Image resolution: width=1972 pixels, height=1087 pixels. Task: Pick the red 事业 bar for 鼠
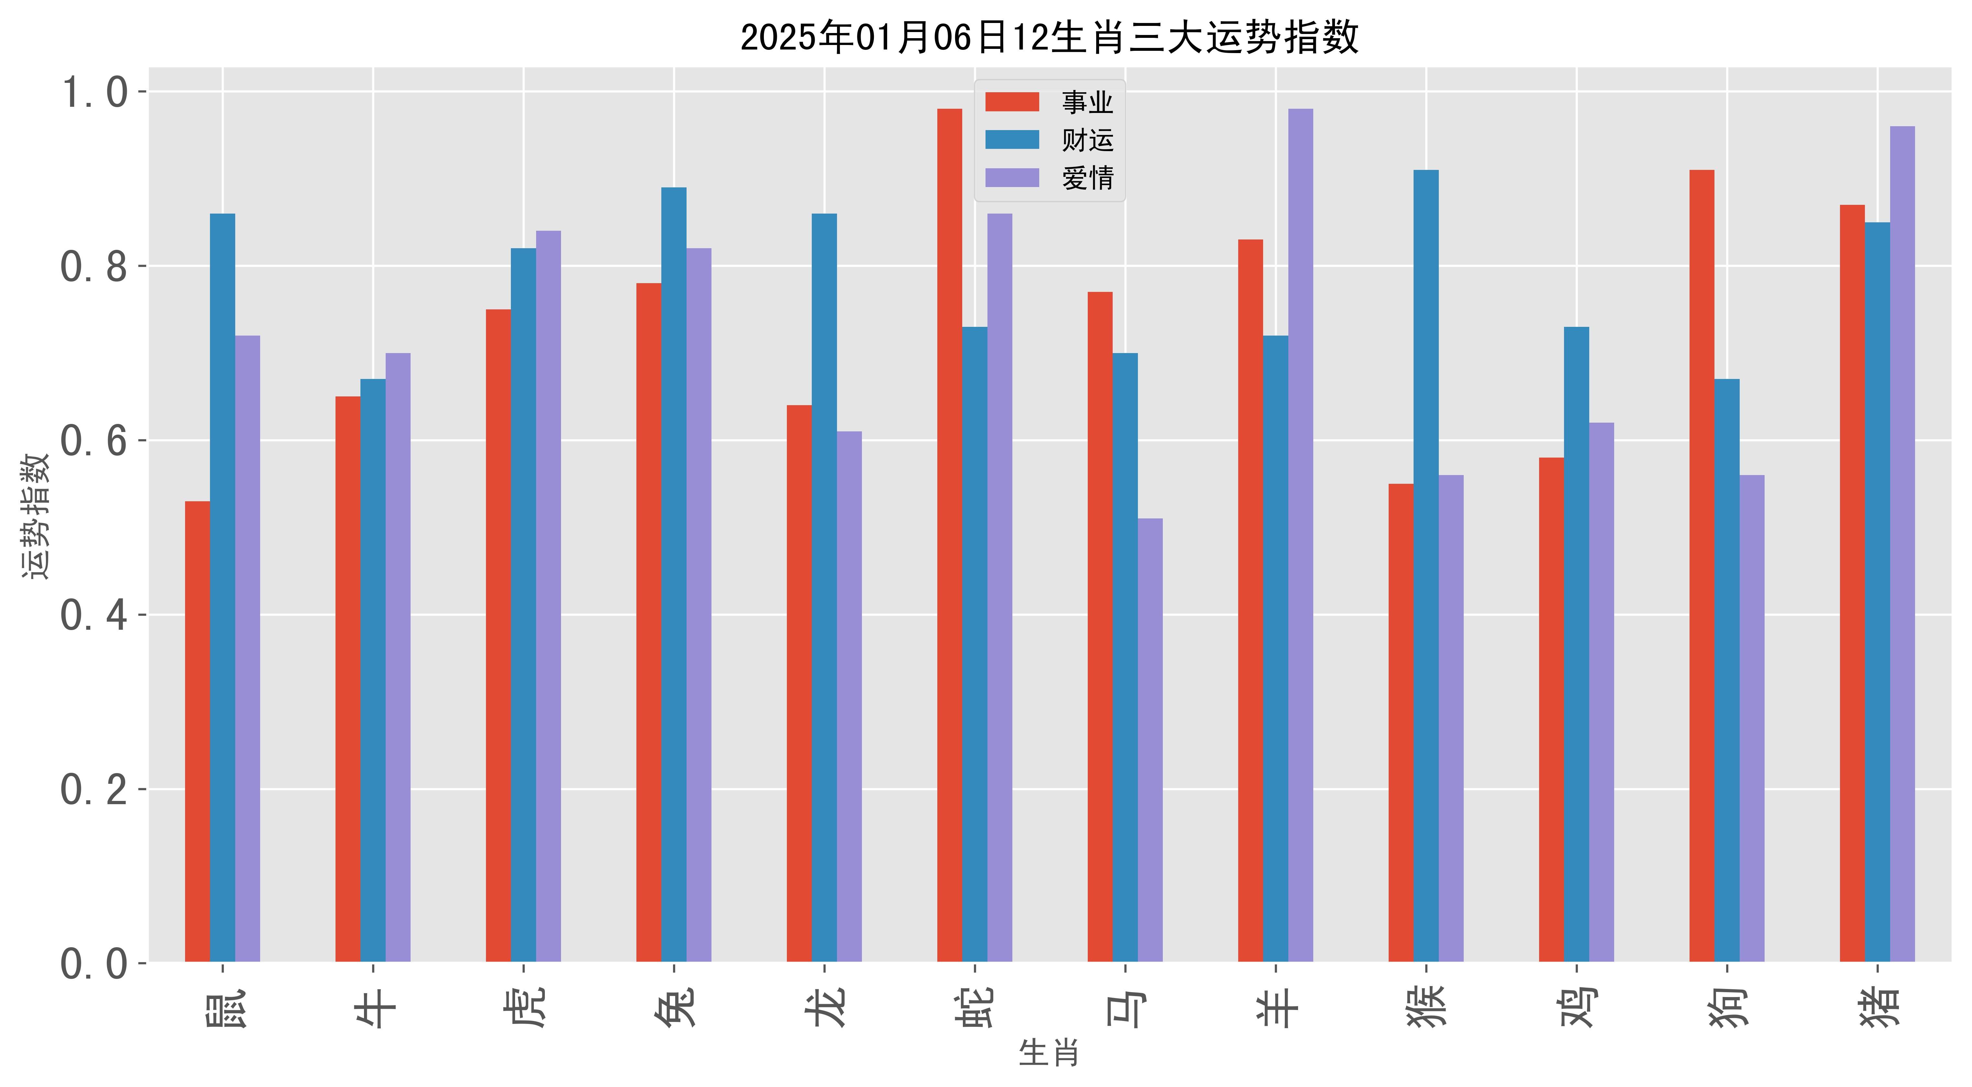pos(197,731)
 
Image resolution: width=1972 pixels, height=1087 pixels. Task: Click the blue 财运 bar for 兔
pos(674,574)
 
